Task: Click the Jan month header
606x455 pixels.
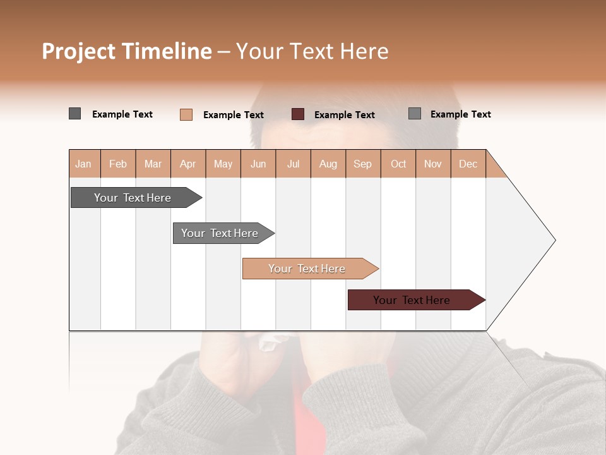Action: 83,164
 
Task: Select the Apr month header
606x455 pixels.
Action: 187,164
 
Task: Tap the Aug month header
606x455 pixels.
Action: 328,164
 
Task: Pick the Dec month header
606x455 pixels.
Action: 468,164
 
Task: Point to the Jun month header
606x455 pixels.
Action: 258,164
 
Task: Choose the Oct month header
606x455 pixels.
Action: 398,164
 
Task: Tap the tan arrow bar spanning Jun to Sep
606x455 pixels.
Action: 308,269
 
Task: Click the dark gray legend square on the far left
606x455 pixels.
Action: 74,114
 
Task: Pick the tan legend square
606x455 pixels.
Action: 186,114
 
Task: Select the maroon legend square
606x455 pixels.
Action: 298,114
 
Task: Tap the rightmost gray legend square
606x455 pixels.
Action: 414,114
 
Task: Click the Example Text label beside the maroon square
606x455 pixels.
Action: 344,115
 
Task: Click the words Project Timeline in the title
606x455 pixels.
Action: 126,51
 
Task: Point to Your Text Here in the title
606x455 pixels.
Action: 312,51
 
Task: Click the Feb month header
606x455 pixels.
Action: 118,164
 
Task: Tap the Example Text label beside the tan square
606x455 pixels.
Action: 233,115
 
